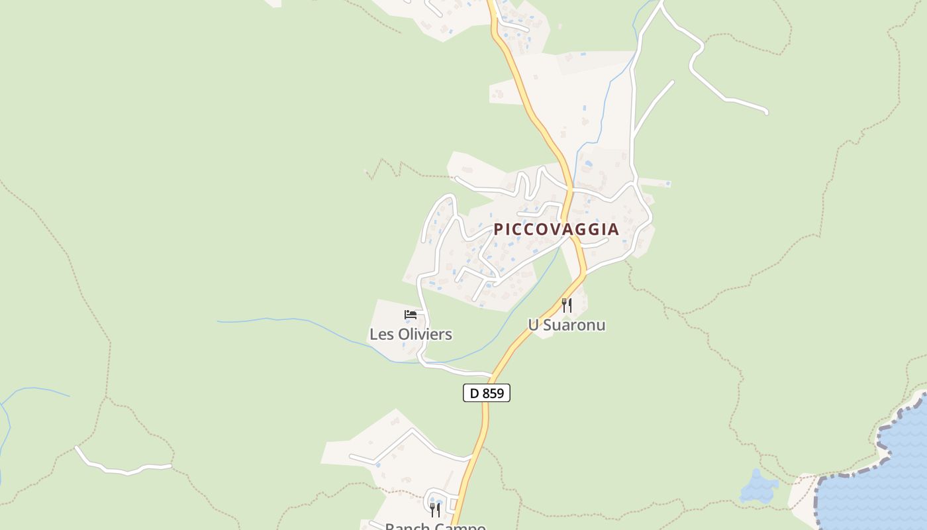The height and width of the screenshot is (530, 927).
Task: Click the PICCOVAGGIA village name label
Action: coord(556,229)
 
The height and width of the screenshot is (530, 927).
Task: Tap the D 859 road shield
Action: coord(487,393)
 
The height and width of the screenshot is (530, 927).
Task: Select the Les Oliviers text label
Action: coord(411,334)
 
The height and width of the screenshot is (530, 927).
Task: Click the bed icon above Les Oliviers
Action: coord(411,314)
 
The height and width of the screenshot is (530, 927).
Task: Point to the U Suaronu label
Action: coord(566,325)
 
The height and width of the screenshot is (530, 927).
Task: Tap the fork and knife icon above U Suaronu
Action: coord(566,305)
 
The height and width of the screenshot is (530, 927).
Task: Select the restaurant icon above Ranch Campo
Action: coord(435,509)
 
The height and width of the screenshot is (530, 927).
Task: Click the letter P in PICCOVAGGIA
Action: coord(499,229)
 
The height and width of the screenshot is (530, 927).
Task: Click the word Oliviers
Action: coord(425,334)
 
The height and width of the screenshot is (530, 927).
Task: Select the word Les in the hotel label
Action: coord(381,334)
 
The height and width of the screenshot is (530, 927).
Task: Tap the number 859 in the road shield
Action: coord(493,393)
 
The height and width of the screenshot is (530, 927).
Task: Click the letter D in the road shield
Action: coord(473,393)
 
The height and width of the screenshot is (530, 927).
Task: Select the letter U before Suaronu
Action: coord(532,325)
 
